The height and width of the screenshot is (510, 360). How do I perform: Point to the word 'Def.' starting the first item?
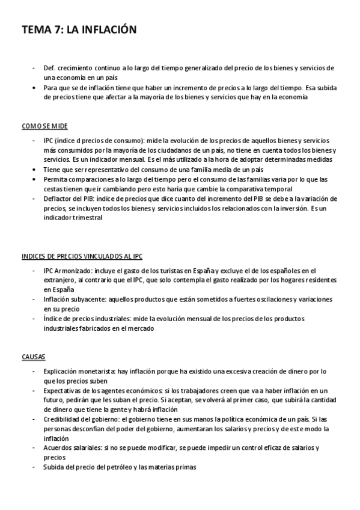click(x=49, y=68)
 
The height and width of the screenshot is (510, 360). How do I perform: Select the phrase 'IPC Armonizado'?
click(x=66, y=271)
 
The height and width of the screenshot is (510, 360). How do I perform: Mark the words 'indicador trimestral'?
click(x=73, y=218)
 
